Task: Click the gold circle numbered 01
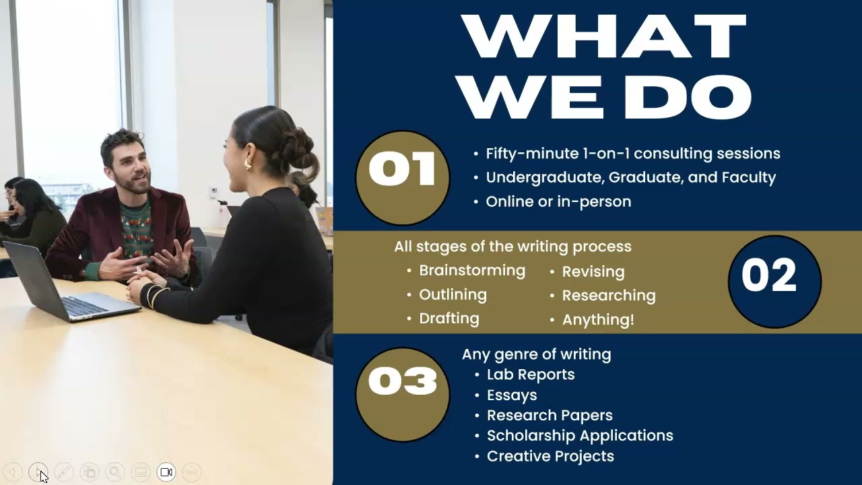(x=402, y=178)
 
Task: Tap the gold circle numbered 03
(x=402, y=394)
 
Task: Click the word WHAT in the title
(x=604, y=38)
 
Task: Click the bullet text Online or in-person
(x=558, y=201)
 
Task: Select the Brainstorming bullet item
(x=471, y=271)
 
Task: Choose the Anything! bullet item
(x=597, y=320)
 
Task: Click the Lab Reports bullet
(x=531, y=375)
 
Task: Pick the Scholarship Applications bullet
(x=580, y=436)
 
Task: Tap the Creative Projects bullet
(x=550, y=456)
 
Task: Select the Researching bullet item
(x=608, y=296)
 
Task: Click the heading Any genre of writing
(x=536, y=354)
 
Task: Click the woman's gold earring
(x=248, y=163)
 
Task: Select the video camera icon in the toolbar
(x=166, y=472)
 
